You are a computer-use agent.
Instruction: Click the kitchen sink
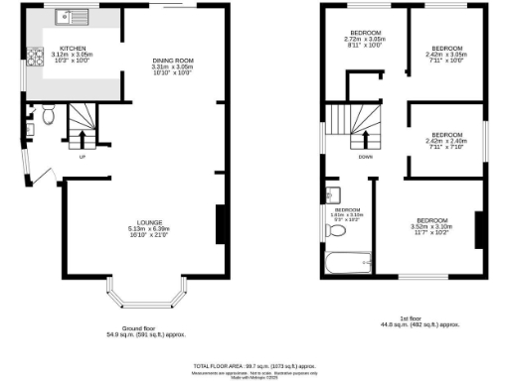[73, 17]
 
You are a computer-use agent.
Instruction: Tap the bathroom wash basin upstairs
[335, 191]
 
